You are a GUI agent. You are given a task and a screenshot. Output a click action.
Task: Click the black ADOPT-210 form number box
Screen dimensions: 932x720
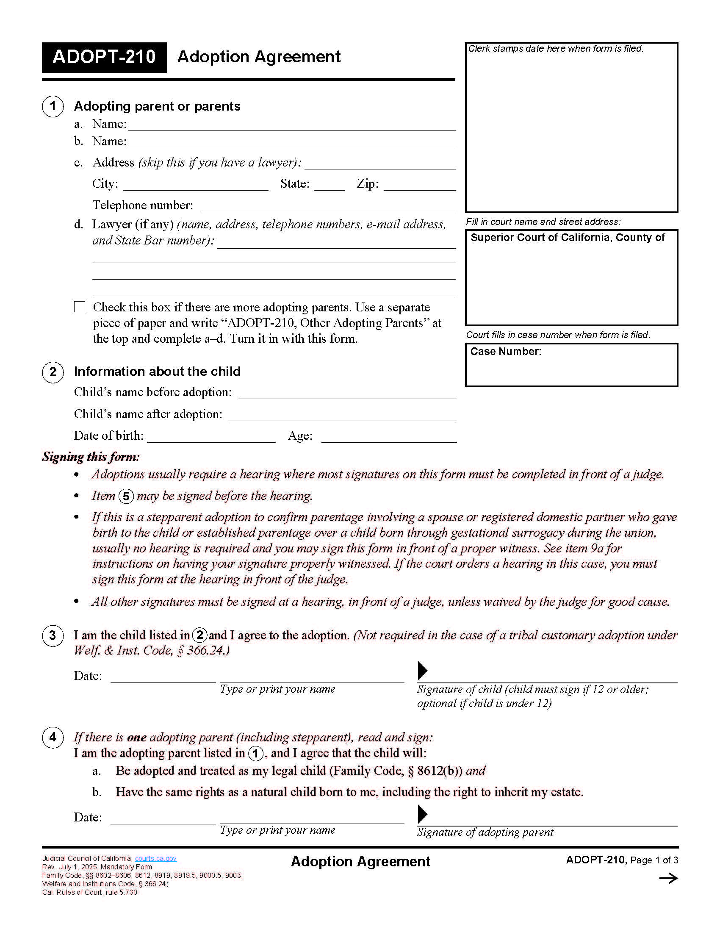[104, 57]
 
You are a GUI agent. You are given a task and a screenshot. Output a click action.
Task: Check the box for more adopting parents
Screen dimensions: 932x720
[80, 307]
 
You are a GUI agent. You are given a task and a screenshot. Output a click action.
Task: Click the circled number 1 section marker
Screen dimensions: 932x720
[53, 106]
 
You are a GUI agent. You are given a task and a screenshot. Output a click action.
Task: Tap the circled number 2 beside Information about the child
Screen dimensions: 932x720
[53, 372]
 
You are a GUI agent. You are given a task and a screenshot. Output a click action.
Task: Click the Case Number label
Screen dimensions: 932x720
[505, 352]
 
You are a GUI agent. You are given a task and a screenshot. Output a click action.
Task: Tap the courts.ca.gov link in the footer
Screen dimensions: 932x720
[155, 859]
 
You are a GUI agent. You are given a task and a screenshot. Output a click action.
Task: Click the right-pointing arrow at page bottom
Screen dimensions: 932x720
[668, 878]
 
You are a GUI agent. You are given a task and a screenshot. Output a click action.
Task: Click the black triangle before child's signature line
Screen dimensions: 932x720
[422, 671]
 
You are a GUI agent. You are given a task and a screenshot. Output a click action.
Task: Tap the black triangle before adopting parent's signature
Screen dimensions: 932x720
[422, 814]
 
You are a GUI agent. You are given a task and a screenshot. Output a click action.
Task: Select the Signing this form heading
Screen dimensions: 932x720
[91, 457]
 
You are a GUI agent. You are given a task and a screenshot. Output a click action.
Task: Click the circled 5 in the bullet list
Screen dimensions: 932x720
[126, 497]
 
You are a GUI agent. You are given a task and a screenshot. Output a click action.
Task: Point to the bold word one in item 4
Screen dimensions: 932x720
[136, 738]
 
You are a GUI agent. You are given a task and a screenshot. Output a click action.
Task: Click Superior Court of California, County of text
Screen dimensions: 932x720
[567, 238]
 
